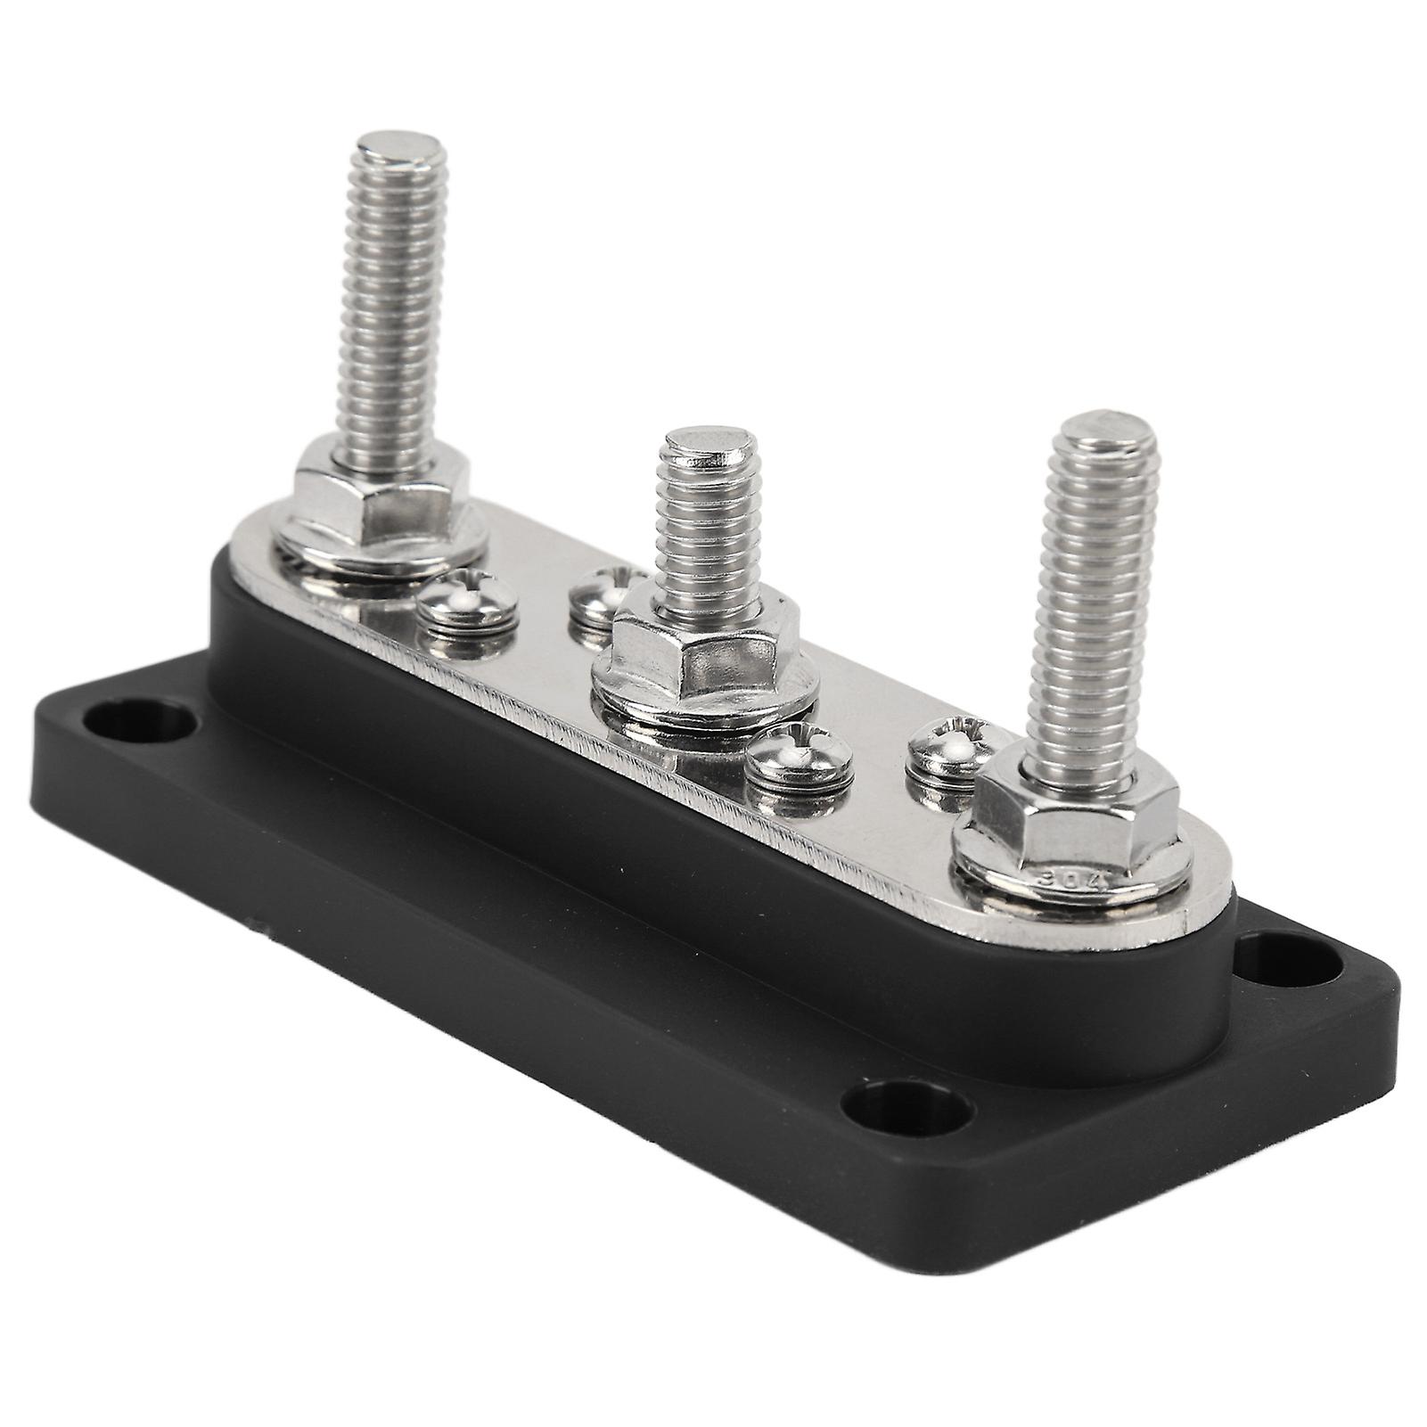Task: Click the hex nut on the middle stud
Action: point(704,642)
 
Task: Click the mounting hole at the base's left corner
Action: point(144,720)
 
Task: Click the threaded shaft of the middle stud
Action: point(706,535)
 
